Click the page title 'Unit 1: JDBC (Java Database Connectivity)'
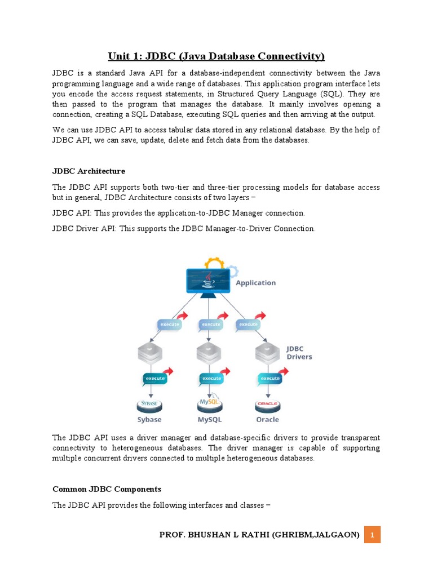pyautogui.click(x=216, y=56)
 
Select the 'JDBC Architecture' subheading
pyautogui.click(x=89, y=171)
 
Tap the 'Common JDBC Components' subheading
pyautogui.click(x=107, y=489)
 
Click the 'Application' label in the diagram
pyautogui.click(x=255, y=282)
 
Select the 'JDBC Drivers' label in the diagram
pyautogui.click(x=299, y=353)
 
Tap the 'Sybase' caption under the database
pyautogui.click(x=149, y=419)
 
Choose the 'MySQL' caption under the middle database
pyautogui.click(x=210, y=419)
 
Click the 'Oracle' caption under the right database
pyautogui.click(x=268, y=419)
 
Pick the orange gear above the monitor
pyautogui.click(x=214, y=263)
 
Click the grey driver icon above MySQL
pyautogui.click(x=209, y=353)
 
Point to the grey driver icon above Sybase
pyautogui.click(x=150, y=353)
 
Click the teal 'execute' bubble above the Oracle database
pyautogui.click(x=269, y=379)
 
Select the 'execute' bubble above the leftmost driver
pyautogui.click(x=169, y=325)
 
